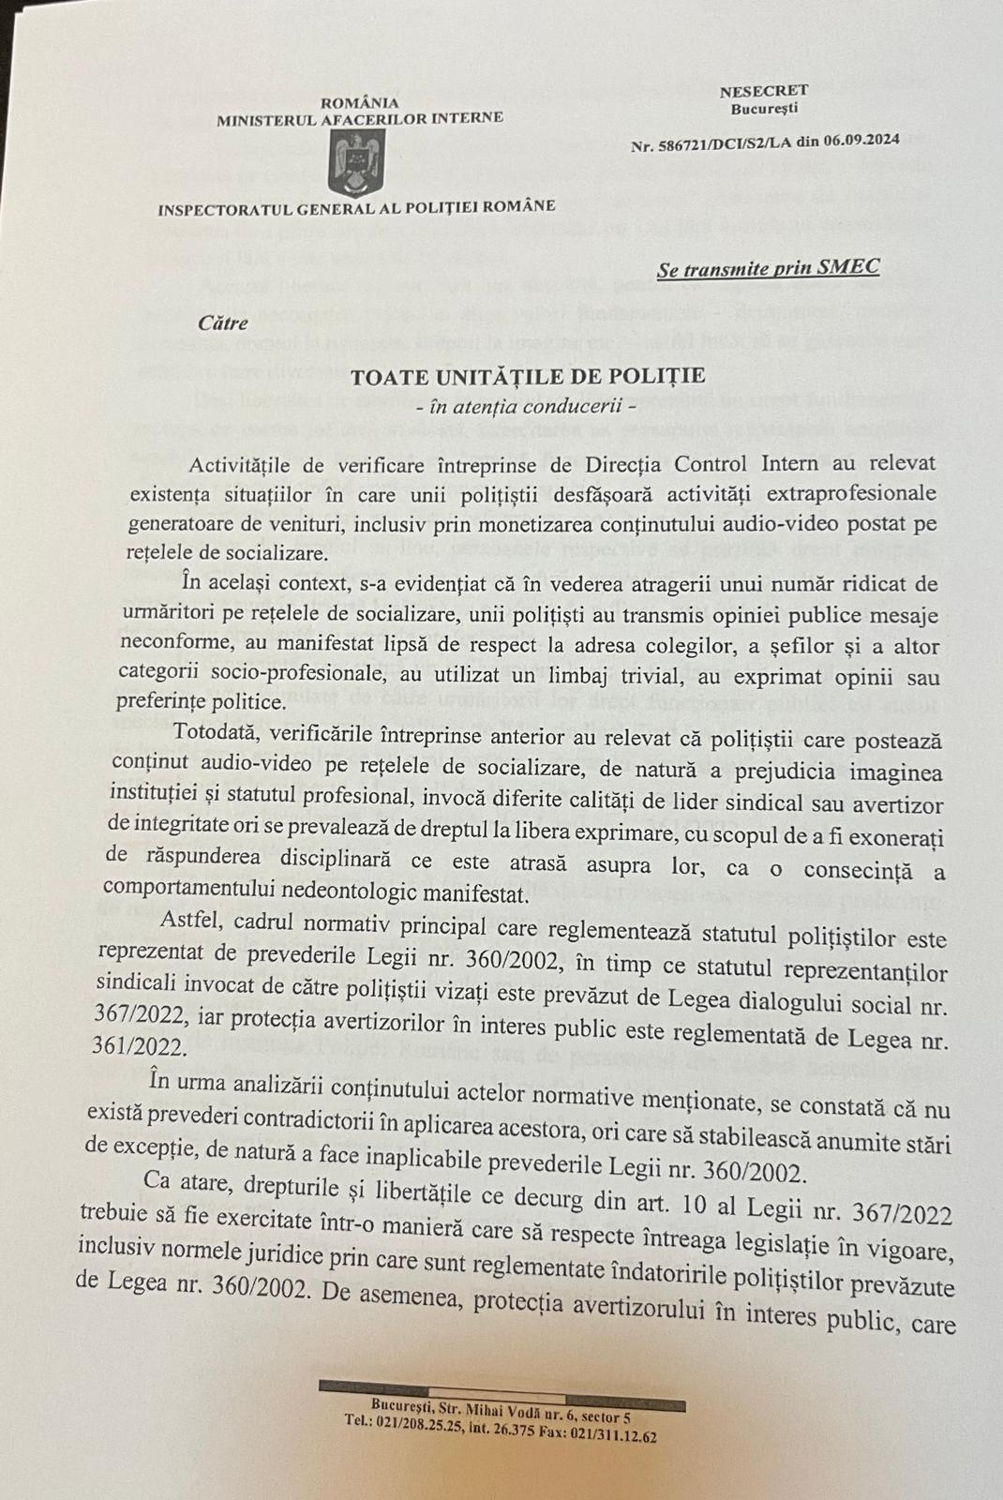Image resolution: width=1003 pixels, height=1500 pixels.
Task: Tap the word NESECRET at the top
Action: pos(763,91)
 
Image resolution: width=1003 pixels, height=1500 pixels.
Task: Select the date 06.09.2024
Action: pos(861,141)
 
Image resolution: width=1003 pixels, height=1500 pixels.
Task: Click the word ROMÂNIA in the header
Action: pos(360,103)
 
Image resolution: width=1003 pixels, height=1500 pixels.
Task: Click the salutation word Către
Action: pos(223,322)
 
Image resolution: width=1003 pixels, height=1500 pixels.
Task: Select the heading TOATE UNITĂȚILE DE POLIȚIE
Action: pos(528,377)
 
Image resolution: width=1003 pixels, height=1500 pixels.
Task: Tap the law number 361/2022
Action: pos(142,1042)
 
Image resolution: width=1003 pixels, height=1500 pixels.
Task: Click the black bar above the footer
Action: pos(501,1387)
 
